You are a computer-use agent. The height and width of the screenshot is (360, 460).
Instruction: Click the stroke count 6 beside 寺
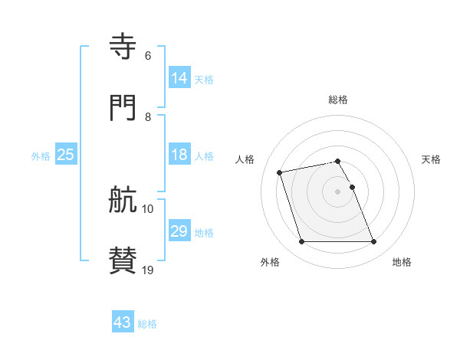pos(147,56)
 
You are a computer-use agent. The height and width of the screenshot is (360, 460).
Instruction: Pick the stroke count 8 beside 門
pos(147,117)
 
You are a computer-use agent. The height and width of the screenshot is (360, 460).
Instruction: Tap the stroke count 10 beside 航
pos(148,209)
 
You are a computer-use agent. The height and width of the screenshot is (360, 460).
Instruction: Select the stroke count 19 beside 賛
pos(148,270)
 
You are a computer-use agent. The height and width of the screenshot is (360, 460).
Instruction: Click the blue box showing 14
pos(179,78)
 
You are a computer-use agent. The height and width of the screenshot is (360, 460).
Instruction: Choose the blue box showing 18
pos(179,155)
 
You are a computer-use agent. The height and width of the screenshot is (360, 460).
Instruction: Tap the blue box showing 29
pos(179,231)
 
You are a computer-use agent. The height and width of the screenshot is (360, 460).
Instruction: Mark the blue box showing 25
pos(66,155)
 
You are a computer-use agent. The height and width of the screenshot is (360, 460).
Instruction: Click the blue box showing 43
pos(123,322)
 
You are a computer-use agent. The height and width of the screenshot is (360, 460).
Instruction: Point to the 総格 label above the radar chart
pos(338,100)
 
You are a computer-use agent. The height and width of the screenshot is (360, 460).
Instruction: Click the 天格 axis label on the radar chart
pos(431,159)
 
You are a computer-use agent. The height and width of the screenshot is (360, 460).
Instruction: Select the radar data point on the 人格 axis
pos(280,172)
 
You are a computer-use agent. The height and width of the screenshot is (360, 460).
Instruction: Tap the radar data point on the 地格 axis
pos(373,242)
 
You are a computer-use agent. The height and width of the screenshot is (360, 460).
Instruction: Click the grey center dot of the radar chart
pos(338,191)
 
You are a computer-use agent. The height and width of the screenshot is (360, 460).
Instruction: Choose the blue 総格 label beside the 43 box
pos(148,324)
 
